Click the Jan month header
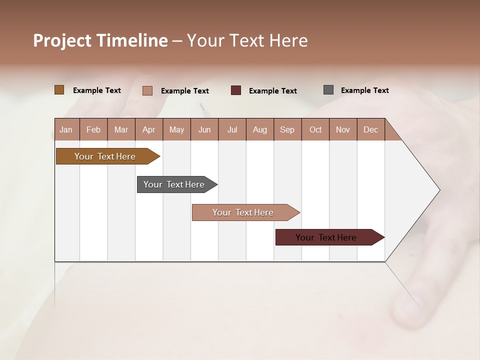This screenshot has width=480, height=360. coord(66,129)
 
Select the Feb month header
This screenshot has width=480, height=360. coord(93,129)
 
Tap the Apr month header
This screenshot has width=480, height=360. coord(149,129)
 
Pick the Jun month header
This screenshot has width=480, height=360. coord(204,129)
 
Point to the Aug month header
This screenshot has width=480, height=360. coord(260,129)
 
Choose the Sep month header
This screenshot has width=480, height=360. coord(287,129)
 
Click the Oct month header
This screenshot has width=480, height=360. coord(315,129)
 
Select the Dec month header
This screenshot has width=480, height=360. coord(371,129)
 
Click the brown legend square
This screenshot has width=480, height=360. coord(59,90)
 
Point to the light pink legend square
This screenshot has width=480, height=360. coord(147,90)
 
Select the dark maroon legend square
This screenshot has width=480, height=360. coord(236,90)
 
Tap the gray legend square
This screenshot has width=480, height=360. coord(328,90)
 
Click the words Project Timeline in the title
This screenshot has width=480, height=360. coord(100,40)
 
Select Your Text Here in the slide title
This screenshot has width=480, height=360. coord(247,40)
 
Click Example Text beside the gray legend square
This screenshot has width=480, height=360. coord(364,90)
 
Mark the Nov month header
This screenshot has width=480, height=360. coord(343,129)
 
